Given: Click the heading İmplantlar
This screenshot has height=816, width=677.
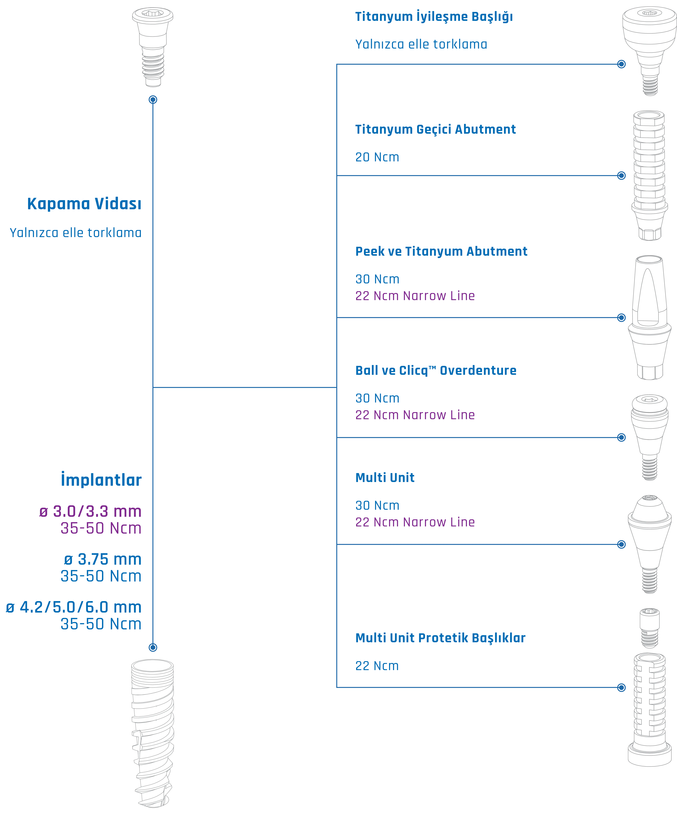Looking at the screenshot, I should coord(101,480).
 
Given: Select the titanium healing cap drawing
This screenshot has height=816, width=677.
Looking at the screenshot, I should coord(649,50).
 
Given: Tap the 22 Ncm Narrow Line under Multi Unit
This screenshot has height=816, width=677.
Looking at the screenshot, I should coord(415,522).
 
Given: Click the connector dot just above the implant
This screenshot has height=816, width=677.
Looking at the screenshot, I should coord(153,647).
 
